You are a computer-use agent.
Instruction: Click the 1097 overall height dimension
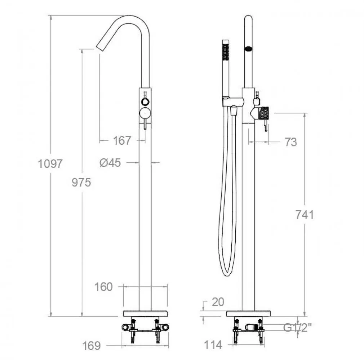50,164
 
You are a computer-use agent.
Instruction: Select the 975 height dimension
81,182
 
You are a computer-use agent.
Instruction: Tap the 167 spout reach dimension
122,140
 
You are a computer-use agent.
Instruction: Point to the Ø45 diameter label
110,163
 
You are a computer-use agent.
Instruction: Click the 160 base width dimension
103,287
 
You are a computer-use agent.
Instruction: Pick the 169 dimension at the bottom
92,346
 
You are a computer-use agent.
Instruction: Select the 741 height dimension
305,215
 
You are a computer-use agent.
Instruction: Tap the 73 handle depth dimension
291,142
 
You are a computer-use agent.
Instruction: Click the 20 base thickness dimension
218,302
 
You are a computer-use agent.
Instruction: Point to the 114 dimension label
213,345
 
